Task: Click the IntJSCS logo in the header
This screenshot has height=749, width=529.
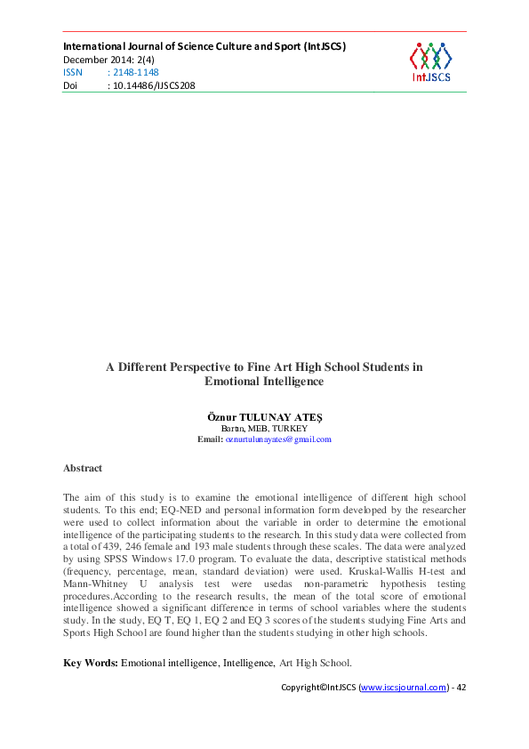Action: pyautogui.click(x=430, y=61)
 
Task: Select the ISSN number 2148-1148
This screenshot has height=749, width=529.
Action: pyautogui.click(x=132, y=72)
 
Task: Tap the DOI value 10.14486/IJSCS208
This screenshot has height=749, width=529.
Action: pyautogui.click(x=151, y=85)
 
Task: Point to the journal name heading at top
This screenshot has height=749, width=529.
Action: pyautogui.click(x=204, y=45)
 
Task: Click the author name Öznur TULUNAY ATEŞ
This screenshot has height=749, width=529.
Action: pyautogui.click(x=264, y=416)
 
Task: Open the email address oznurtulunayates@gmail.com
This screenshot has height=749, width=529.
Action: pyautogui.click(x=278, y=439)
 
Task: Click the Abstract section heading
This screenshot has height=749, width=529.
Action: pyautogui.click(x=83, y=468)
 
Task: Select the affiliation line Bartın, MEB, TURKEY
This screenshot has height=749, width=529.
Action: pyautogui.click(x=264, y=428)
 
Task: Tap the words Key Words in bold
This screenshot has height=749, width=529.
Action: pyautogui.click(x=90, y=663)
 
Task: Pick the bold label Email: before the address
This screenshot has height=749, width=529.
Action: pyautogui.click(x=210, y=439)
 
